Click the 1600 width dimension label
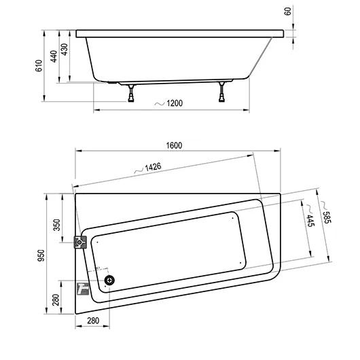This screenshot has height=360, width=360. [174, 145]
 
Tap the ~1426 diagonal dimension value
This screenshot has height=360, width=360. [153, 167]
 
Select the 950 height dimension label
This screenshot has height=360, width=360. [41, 255]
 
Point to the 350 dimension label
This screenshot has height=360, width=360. [56, 225]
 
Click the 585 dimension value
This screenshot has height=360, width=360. [327, 217]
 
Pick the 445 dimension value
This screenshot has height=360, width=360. [310, 221]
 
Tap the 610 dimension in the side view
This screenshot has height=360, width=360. [39, 66]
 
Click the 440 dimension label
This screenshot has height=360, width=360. [54, 56]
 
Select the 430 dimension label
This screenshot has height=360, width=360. [65, 50]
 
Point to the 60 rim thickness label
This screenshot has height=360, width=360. [288, 12]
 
